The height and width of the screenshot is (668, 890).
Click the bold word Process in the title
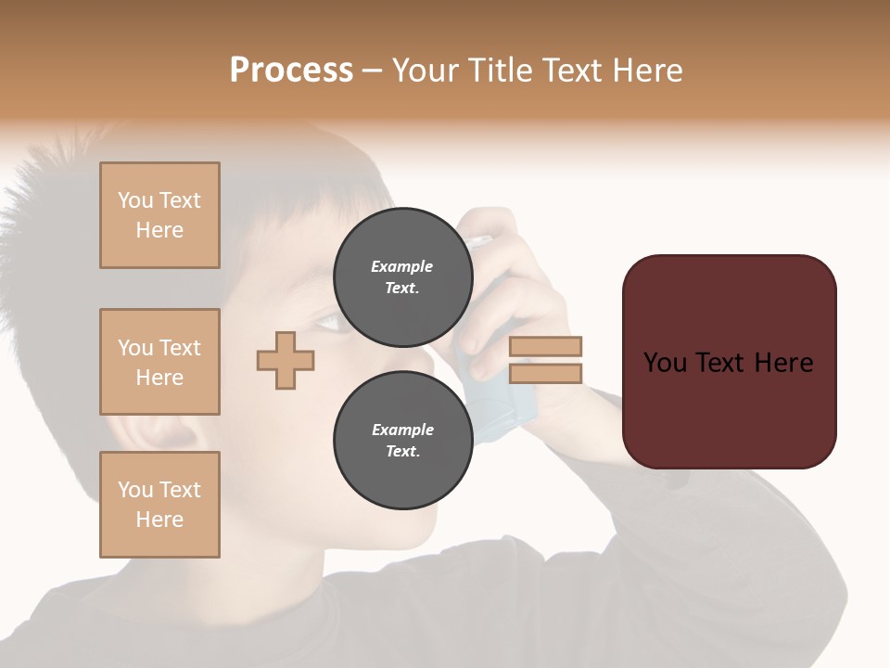pos(291,71)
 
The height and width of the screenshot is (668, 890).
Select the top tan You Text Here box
pos(159,215)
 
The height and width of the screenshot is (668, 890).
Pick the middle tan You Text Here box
pos(159,362)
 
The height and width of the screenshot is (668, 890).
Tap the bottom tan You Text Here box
pos(159,505)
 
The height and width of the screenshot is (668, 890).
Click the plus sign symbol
pos(286,361)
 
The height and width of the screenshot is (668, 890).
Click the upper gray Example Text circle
pos(402,276)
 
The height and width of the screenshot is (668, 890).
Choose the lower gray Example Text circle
pos(402,440)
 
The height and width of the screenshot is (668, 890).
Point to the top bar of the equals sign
pos(546,347)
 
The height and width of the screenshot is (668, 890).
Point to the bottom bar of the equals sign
pos(546,373)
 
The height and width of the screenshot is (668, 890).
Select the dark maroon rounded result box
pos(729,362)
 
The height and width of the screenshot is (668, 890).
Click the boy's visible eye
pos(329,322)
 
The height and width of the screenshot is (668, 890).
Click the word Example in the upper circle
pos(402,266)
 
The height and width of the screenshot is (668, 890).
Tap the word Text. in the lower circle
pos(402,451)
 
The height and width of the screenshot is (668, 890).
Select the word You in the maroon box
pos(666,363)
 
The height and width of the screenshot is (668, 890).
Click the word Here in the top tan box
pos(159,230)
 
